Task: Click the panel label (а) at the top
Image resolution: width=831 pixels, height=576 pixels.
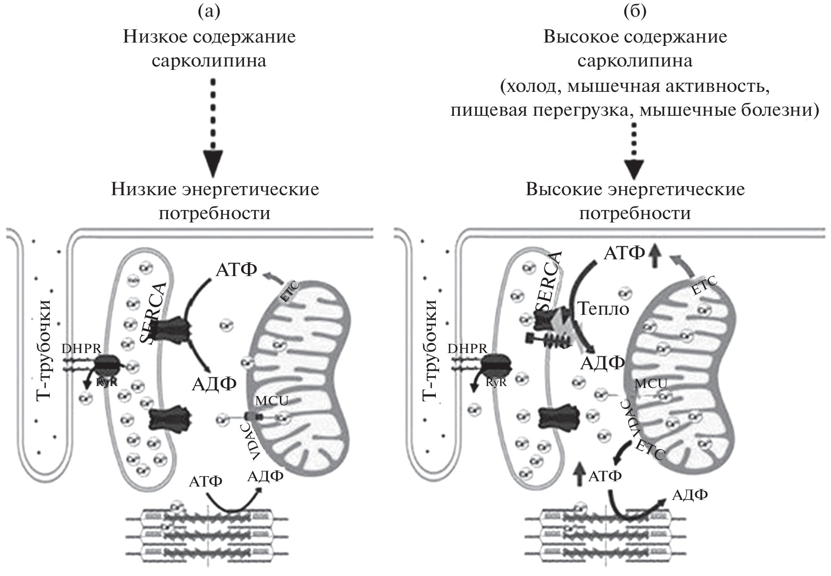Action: (x=209, y=12)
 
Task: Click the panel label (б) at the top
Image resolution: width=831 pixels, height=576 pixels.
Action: (x=635, y=12)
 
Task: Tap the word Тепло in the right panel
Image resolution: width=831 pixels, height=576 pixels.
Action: (x=603, y=309)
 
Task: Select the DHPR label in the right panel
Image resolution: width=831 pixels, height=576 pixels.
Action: (x=467, y=348)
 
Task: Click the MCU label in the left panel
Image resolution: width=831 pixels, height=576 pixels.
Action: (x=272, y=400)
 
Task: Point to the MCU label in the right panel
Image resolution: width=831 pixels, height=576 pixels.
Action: (x=651, y=383)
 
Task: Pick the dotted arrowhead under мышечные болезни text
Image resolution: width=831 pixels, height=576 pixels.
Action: (x=635, y=168)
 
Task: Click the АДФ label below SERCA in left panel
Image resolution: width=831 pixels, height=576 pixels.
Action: (x=214, y=384)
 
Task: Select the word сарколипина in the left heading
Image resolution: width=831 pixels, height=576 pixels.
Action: (x=209, y=61)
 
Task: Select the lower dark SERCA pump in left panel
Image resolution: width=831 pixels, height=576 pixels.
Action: (x=170, y=418)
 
